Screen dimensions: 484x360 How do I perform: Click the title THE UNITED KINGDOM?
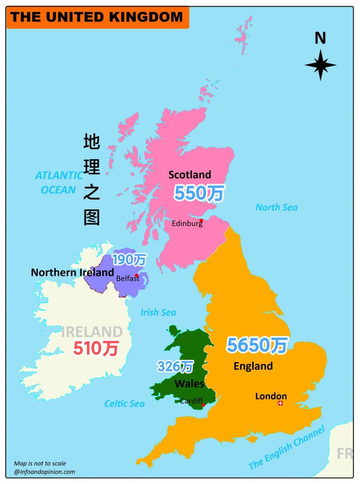click(97, 17)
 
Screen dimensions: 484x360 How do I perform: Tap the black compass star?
click(320, 65)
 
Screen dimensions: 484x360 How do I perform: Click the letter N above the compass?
click(320, 38)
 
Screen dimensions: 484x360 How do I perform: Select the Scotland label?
click(189, 175)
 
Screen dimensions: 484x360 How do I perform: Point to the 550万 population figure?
click(199, 193)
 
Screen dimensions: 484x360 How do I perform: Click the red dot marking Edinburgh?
click(201, 220)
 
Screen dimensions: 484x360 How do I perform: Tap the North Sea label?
click(276, 207)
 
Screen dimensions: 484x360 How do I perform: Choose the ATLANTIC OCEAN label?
click(59, 183)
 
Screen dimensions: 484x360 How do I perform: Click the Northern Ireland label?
click(72, 272)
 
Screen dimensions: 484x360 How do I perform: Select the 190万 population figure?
click(129, 259)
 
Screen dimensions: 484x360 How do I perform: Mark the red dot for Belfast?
click(137, 275)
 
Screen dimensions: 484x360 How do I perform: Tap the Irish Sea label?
click(158, 312)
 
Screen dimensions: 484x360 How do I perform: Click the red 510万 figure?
click(96, 348)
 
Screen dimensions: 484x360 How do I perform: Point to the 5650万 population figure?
click(257, 345)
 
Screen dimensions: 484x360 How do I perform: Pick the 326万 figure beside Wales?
click(175, 366)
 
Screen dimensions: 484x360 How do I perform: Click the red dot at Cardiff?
click(203, 405)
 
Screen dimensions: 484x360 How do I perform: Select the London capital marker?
click(281, 403)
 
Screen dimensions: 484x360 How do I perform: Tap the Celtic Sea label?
click(124, 404)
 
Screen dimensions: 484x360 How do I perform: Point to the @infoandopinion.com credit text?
click(44, 472)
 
